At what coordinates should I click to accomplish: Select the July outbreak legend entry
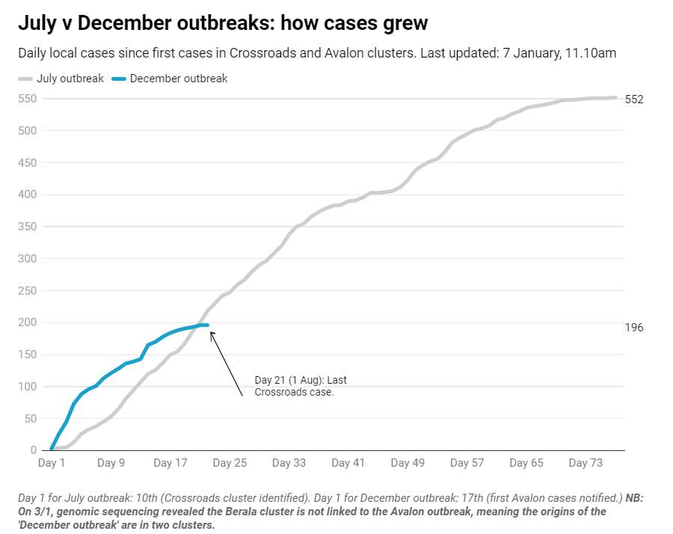click(x=61, y=79)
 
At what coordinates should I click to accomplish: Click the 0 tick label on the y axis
click(x=34, y=450)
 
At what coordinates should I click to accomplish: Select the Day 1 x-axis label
click(x=52, y=464)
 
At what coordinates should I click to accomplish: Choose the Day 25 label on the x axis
click(x=230, y=464)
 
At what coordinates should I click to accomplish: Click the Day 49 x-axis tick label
click(x=408, y=464)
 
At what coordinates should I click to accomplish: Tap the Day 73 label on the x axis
click(x=586, y=464)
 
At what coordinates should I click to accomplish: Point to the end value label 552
click(x=634, y=99)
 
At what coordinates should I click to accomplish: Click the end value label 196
click(x=634, y=328)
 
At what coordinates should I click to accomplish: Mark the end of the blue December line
click(x=207, y=325)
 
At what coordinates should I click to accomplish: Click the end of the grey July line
click(x=615, y=97)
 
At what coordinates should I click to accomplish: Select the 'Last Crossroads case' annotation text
click(x=301, y=386)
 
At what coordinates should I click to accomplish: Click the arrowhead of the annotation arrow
click(x=210, y=333)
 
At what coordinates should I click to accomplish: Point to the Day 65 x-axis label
click(x=526, y=464)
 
